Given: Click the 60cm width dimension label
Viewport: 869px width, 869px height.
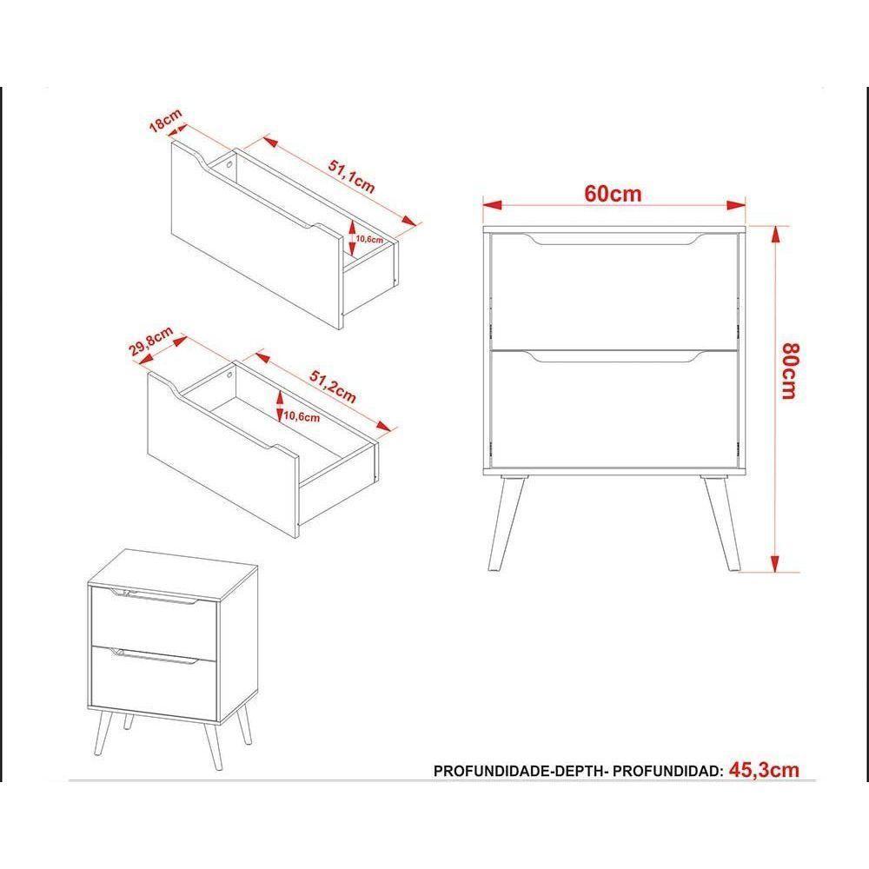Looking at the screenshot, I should pos(613,193).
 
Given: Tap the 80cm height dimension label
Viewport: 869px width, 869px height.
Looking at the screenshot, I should pos(788,371).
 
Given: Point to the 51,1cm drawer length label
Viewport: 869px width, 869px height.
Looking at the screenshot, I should pos(351,175).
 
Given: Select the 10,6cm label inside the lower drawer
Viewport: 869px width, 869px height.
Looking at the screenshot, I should pos(302,416).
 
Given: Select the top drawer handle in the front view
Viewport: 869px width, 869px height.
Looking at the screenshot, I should pos(614,241).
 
